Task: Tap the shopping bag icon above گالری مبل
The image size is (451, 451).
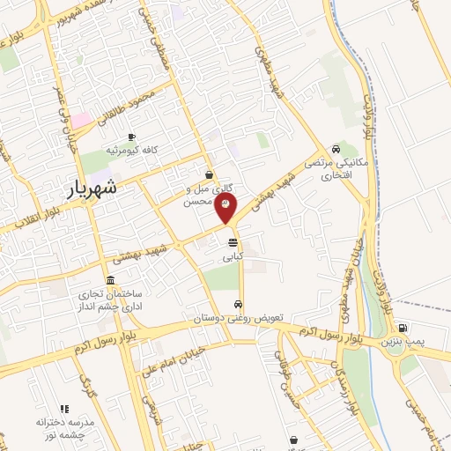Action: point(209,174)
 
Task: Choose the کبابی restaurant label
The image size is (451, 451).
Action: point(233,259)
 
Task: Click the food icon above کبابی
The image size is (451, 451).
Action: point(233,241)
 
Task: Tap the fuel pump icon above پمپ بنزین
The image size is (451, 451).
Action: point(402,326)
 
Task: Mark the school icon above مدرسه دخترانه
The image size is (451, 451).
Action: point(63,410)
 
